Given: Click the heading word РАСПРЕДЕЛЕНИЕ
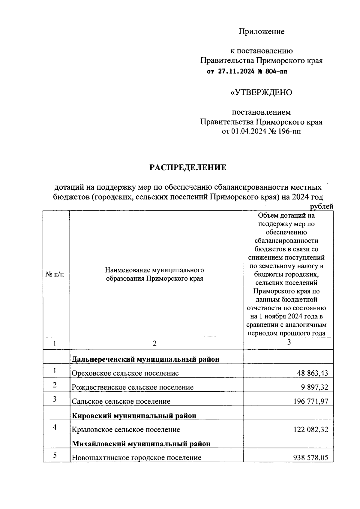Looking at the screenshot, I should (188, 167).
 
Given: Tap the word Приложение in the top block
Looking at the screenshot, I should (261, 31).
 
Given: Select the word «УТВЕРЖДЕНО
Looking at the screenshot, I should (261, 92).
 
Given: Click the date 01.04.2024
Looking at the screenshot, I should (248, 131).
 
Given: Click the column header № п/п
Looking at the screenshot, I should (55, 274).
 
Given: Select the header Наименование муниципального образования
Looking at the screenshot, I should (154, 274).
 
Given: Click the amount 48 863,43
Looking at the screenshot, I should (312, 373).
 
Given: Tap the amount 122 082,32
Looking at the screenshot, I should (311, 430).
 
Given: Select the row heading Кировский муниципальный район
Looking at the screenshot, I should (134, 416).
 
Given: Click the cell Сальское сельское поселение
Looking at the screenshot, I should (121, 402).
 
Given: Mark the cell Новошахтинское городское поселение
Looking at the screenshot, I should (136, 458).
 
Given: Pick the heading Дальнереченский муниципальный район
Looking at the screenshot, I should (145, 359).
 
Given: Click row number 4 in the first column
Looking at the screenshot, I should (55, 427).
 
